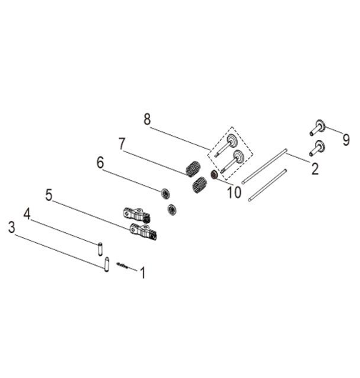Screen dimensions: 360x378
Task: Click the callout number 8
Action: click(147, 119)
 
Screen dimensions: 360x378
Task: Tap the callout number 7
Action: click(122, 144)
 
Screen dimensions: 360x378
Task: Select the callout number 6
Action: click(100, 162)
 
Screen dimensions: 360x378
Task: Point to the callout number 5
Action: click(49, 195)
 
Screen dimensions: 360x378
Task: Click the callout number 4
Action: click(27, 214)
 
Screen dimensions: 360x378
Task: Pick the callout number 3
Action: click(11, 227)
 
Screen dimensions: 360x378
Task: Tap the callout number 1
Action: click(143, 273)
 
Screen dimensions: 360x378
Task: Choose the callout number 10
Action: click(234, 192)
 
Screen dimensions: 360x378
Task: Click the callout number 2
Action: click(315, 169)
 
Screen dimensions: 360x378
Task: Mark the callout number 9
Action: click(346, 140)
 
